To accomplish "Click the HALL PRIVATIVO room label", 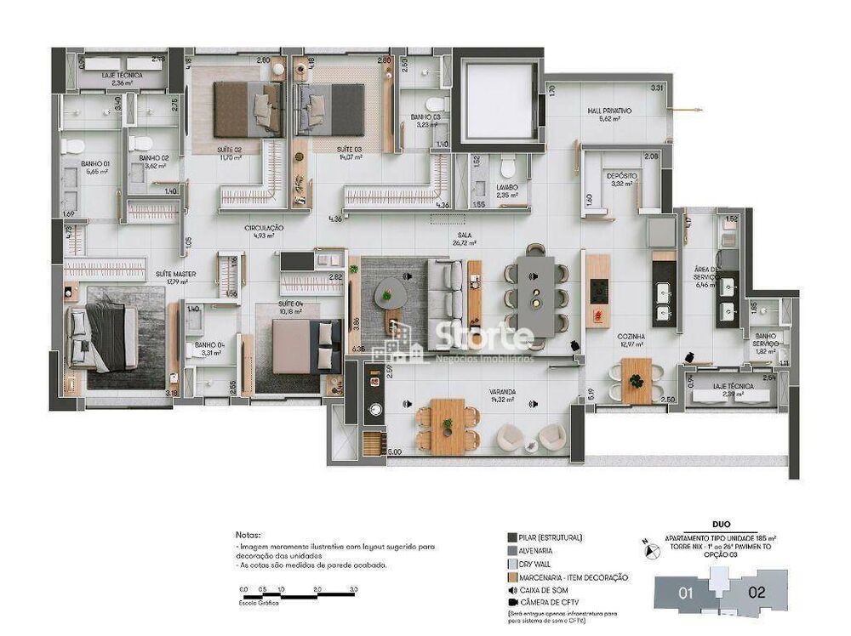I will coord(609,111).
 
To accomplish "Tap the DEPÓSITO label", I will coord(621,176).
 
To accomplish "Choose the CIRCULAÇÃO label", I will coord(264,229).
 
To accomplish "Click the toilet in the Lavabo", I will coord(508,164).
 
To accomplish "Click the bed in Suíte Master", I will coord(104,336).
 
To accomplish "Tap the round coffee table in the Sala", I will coord(391,291).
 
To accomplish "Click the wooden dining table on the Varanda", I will coord(446,426).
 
